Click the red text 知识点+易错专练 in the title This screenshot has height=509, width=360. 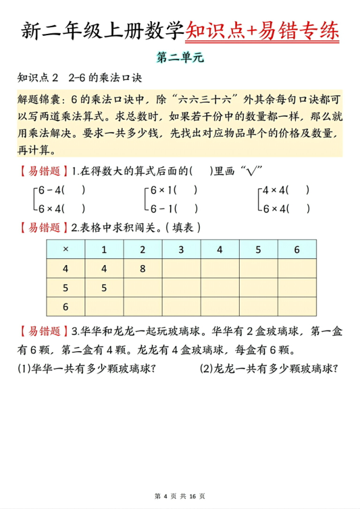tap(262, 30)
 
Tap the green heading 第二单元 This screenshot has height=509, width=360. tap(181, 58)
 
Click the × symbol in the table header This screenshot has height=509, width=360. tap(65, 249)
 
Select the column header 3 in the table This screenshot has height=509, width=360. tap(181, 249)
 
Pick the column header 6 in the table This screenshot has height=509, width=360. tap(296, 249)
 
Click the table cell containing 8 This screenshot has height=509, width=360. tap(143, 269)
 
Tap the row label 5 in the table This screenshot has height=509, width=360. tap(65, 288)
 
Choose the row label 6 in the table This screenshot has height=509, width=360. tap(65, 307)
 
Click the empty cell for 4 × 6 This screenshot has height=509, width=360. tap(296, 269)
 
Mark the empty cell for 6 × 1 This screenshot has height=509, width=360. tap(104, 307)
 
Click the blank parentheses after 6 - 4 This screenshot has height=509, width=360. tap(73, 190)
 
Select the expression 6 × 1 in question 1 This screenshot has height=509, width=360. tap(162, 190)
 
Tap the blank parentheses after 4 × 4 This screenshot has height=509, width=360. tap(298, 190)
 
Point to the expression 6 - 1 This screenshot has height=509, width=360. tap(162, 209)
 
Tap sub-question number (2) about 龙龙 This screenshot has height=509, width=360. tap(206, 368)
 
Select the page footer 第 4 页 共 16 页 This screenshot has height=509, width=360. tap(180, 496)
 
